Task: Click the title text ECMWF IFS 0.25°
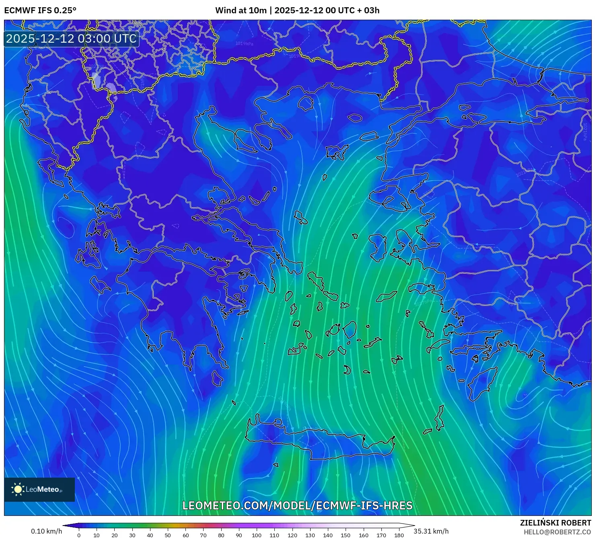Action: click(x=40, y=10)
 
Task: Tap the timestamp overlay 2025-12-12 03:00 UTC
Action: click(x=71, y=39)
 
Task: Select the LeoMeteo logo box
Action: click(x=39, y=489)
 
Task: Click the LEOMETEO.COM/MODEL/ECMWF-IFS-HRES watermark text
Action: click(x=297, y=505)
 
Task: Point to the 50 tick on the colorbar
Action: click(x=168, y=535)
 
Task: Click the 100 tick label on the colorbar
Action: click(x=257, y=535)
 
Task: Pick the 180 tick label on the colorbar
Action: click(x=399, y=535)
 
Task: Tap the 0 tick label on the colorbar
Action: click(x=79, y=535)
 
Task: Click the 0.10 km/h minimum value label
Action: click(x=47, y=531)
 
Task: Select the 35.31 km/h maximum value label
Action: click(x=431, y=531)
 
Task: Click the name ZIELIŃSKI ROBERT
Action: click(x=556, y=523)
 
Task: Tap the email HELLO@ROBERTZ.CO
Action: click(x=557, y=532)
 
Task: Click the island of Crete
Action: click(x=322, y=441)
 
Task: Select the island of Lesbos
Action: click(x=388, y=197)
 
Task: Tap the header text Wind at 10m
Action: click(x=241, y=10)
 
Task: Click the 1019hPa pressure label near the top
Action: click(x=244, y=43)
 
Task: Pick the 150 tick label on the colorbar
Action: click(x=346, y=535)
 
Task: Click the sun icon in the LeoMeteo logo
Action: click(x=18, y=489)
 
